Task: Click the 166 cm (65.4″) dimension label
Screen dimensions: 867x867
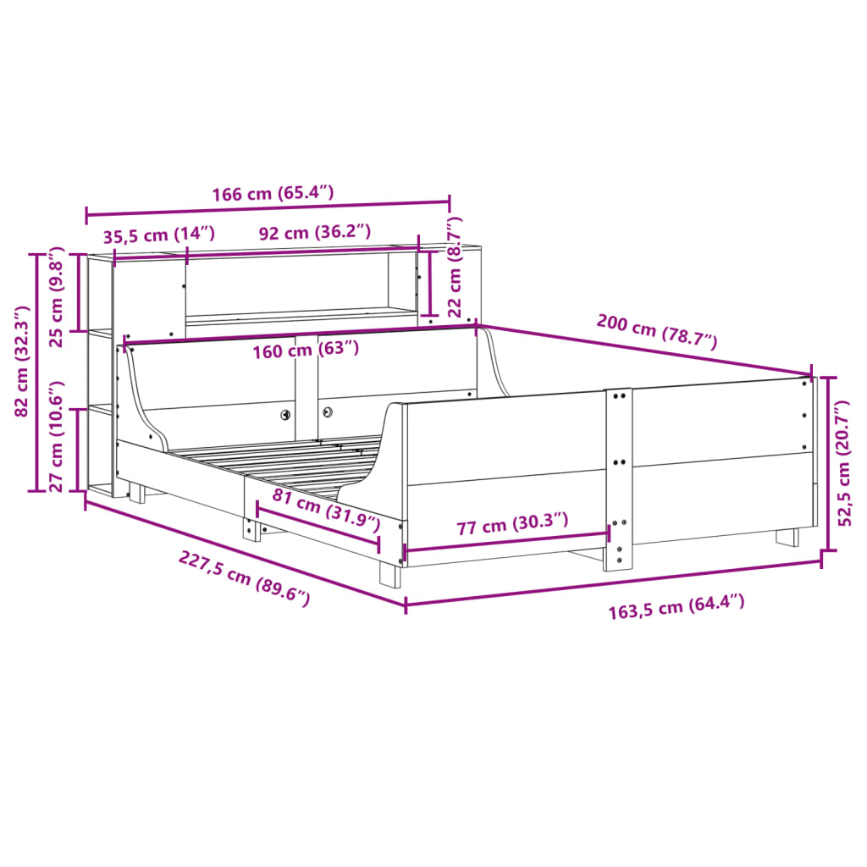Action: click(273, 194)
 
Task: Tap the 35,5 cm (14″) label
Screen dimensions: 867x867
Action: click(158, 235)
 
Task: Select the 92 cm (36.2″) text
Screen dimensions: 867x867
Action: click(315, 232)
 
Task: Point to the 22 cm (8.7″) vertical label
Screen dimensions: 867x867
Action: click(454, 267)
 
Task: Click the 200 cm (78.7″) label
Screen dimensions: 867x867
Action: click(657, 331)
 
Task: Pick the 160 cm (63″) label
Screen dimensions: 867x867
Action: click(306, 350)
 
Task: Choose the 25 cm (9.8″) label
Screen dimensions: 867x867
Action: click(57, 297)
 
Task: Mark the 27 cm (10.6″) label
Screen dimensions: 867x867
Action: click(57, 436)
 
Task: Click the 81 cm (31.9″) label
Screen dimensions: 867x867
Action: click(326, 510)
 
